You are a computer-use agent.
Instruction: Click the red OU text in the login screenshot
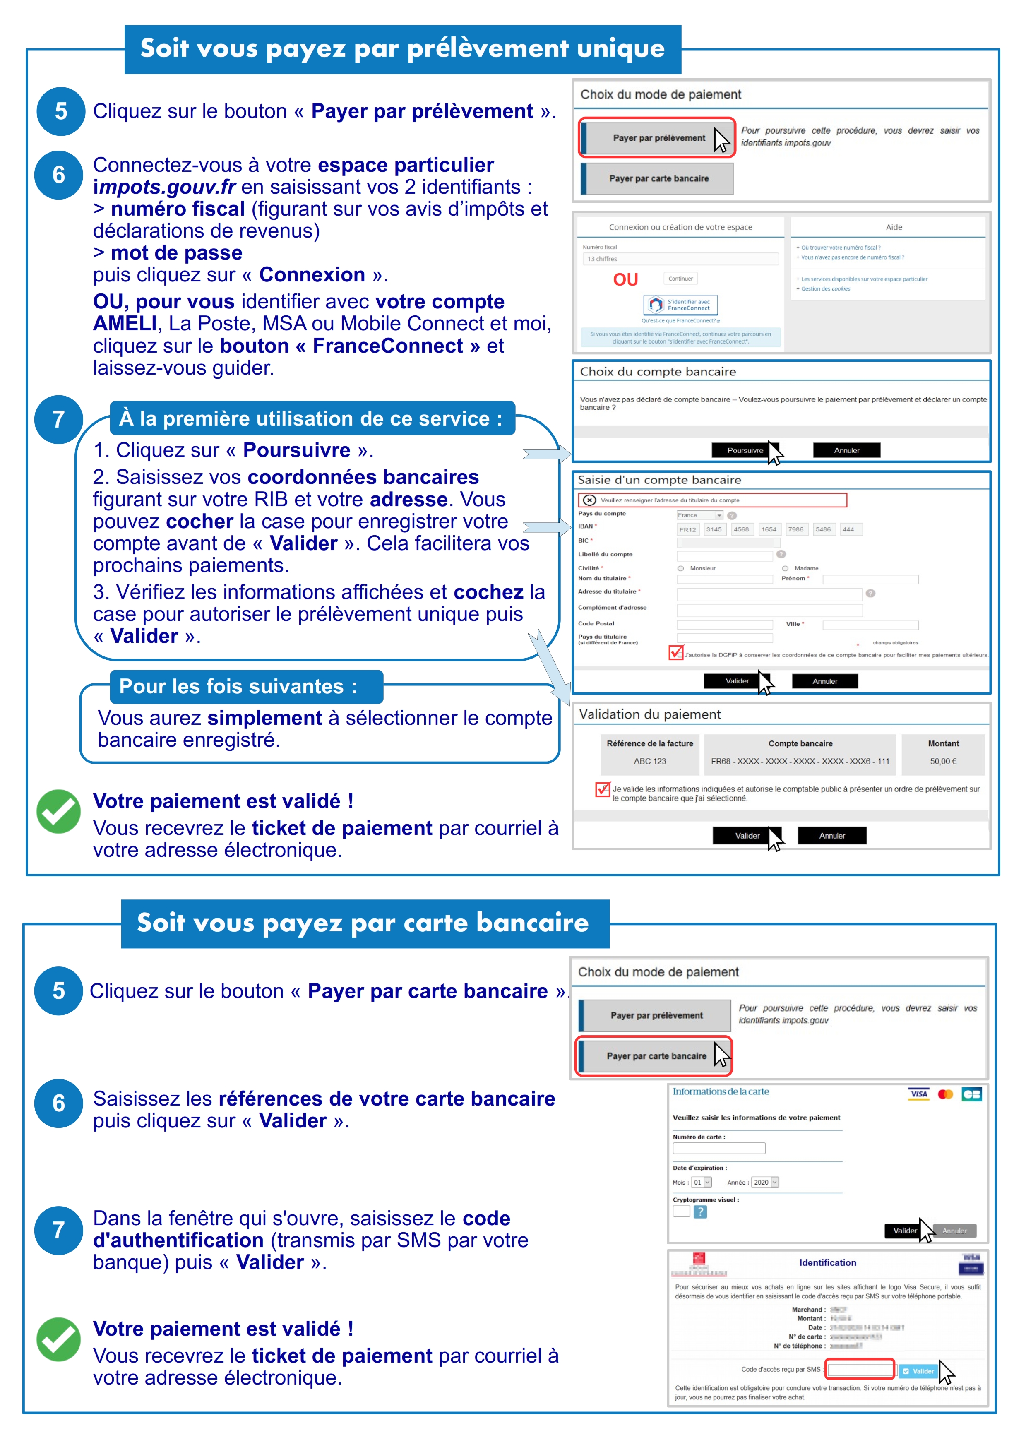625,279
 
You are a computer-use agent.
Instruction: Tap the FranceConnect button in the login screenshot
681,305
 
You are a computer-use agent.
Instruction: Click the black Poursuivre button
745,450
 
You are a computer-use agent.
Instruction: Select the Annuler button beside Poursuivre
846,450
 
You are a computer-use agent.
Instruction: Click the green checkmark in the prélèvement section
59,811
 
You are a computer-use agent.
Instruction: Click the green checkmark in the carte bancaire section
59,1339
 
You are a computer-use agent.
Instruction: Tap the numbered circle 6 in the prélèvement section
59,175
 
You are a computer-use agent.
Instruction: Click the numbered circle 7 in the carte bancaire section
59,1230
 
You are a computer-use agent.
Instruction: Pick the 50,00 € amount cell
942,762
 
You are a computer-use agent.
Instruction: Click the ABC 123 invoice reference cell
650,762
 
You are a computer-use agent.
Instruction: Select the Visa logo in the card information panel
918,1094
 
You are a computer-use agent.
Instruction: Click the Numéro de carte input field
719,1148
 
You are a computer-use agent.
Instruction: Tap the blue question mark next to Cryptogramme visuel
700,1212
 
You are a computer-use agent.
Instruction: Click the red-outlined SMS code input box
860,1370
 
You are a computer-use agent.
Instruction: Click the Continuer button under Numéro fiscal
680,278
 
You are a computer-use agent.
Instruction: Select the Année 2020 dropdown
765,1182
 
